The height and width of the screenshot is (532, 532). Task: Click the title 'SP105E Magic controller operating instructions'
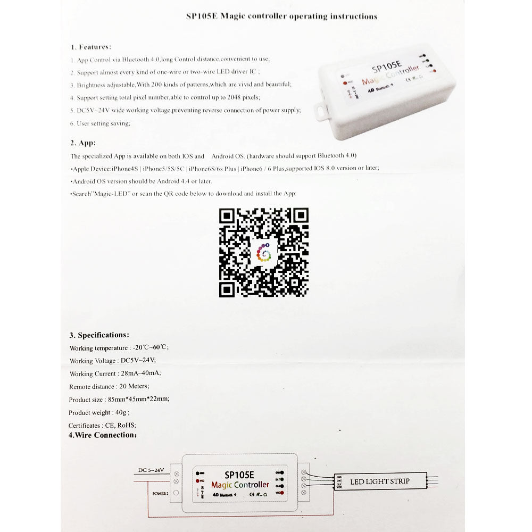click(281, 16)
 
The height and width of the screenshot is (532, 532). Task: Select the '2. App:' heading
click(83, 143)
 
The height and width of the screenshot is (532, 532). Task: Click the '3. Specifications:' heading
click(99, 335)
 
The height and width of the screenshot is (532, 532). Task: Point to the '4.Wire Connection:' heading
click(102, 435)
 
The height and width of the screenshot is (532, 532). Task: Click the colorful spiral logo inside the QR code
click(264, 252)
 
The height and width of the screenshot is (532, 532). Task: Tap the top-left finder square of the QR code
click(227, 215)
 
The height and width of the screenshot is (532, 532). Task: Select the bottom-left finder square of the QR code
click(227, 289)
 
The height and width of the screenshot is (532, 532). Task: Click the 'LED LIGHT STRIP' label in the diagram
click(379, 481)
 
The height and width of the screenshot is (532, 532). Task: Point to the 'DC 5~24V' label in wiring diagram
click(151, 470)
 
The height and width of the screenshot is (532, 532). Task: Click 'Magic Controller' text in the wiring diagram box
click(240, 485)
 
